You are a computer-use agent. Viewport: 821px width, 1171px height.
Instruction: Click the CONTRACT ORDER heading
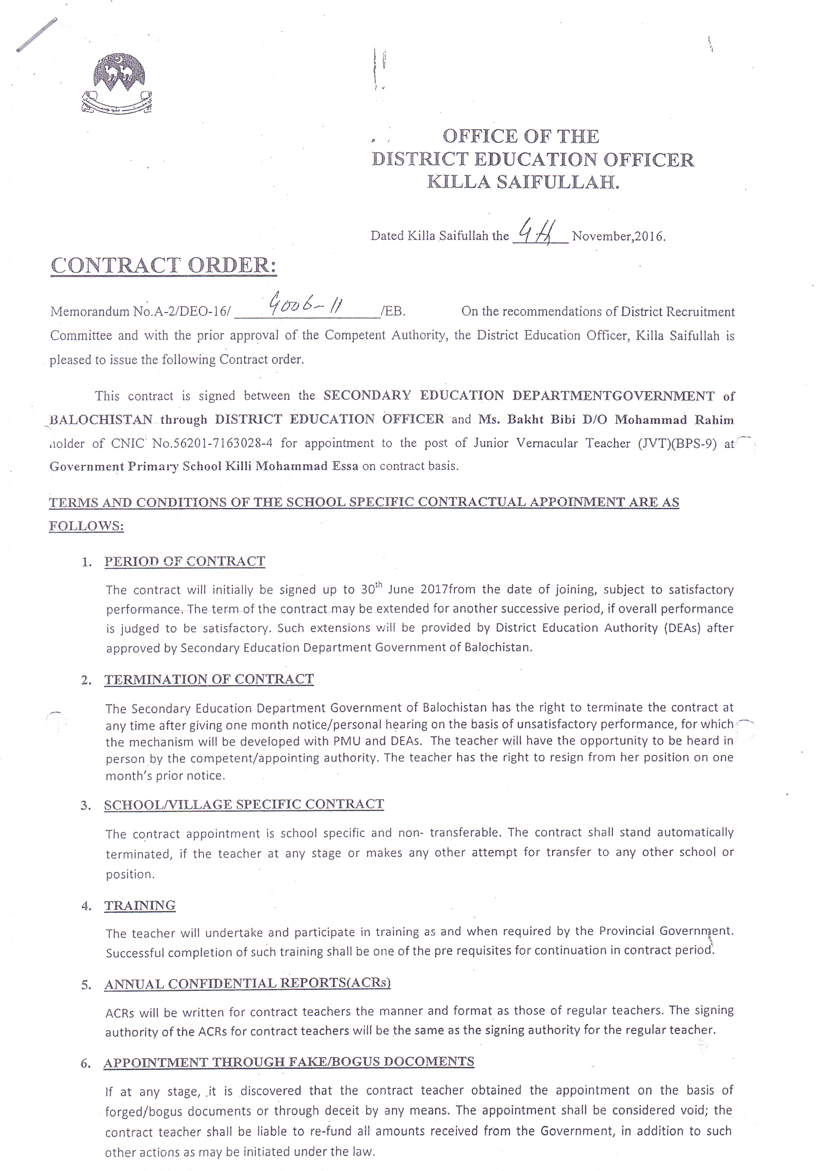pos(163,265)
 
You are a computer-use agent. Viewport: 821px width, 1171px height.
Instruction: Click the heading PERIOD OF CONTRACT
pos(185,561)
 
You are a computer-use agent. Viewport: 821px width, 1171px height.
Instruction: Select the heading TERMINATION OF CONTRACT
pos(209,679)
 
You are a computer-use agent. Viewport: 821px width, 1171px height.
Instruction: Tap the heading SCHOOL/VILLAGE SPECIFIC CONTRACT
pos(244,804)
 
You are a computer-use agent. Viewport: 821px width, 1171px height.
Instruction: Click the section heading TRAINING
pos(140,905)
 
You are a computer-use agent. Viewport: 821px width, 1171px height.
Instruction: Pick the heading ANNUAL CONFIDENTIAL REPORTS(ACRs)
pos(247,983)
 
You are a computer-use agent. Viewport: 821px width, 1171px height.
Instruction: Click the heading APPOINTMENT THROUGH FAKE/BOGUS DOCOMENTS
pos(289,1061)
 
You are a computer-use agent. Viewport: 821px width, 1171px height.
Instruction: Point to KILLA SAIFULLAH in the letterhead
pos(522,182)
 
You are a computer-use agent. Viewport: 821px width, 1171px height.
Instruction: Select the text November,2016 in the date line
pos(619,236)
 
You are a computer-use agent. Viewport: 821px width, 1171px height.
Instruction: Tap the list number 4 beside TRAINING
pos(85,906)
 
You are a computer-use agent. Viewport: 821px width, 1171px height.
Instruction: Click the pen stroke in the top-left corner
pos(36,35)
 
